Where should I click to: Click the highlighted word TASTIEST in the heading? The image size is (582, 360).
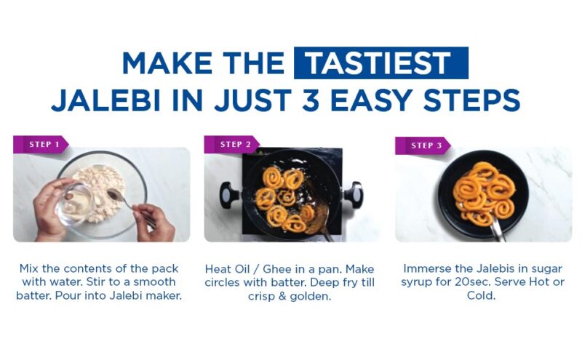(380, 63)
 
